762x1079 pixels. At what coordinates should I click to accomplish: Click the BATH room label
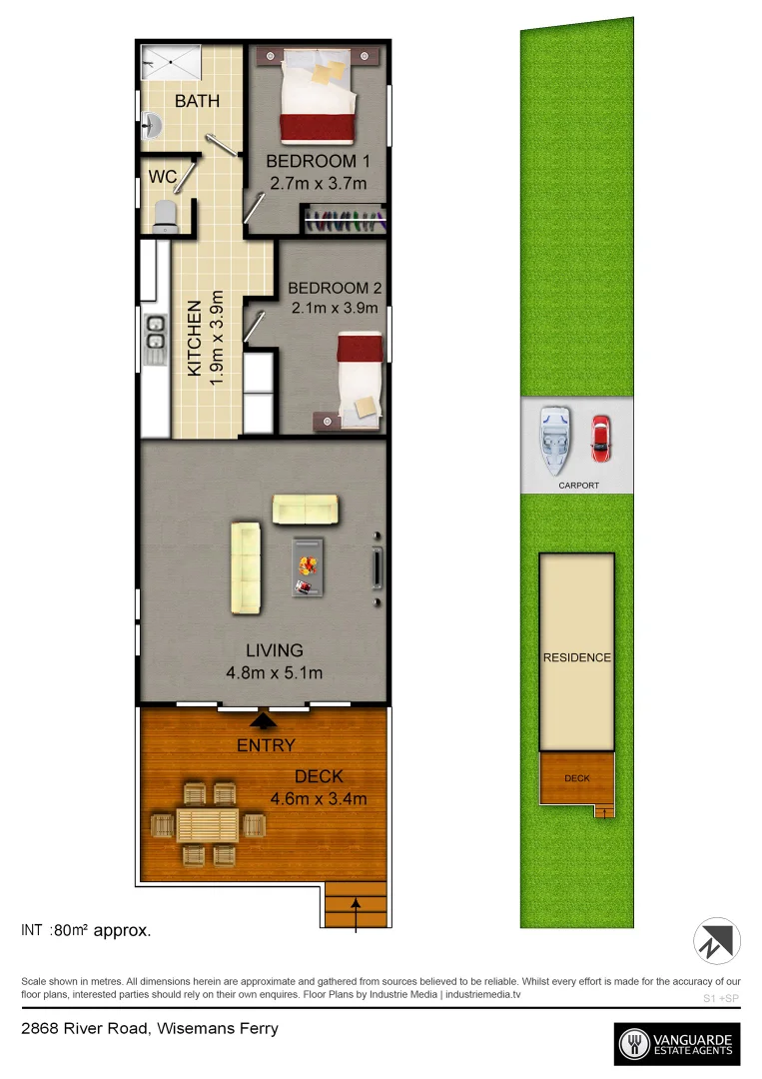point(197,101)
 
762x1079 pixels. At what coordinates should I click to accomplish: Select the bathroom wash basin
point(152,126)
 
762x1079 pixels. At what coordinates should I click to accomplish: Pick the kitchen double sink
point(155,339)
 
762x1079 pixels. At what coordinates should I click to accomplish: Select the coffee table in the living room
point(308,566)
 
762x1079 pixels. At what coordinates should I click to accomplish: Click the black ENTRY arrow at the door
point(264,718)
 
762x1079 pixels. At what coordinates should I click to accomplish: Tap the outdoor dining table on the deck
point(208,825)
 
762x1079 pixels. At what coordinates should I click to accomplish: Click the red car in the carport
point(600,438)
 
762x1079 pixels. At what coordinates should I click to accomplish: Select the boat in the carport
point(554,440)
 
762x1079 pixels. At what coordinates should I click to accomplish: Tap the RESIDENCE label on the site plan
point(576,657)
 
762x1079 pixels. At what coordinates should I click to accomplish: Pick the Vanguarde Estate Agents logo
point(677,1044)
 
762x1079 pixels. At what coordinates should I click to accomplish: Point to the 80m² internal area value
point(72,930)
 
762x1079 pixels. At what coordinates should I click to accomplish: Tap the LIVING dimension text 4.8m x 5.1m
point(274,672)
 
